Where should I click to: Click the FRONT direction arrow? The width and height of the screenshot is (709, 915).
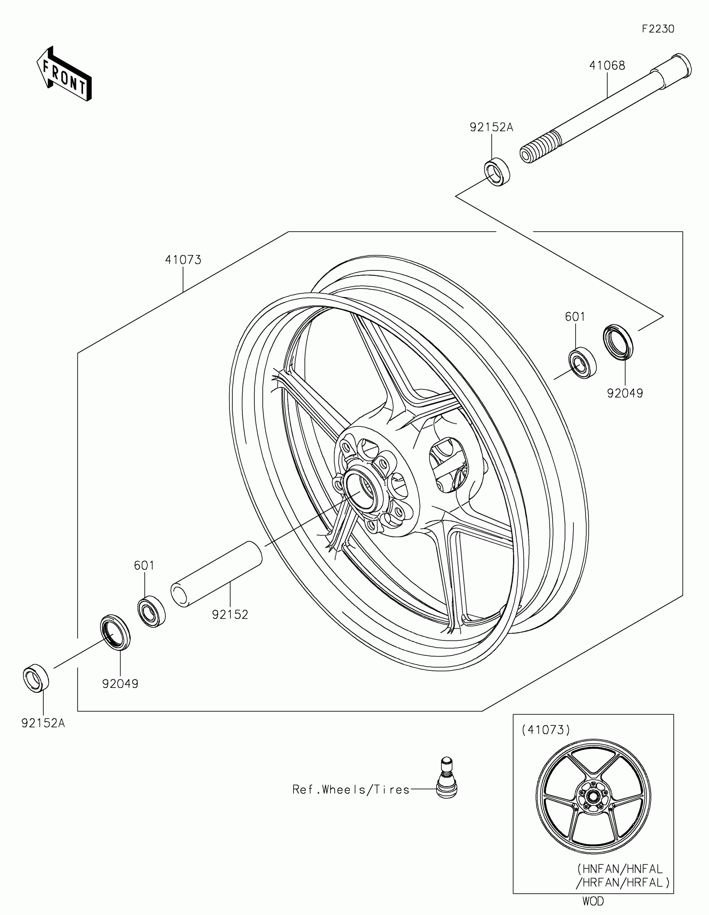[x=65, y=74]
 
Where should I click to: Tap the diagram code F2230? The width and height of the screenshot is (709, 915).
[x=658, y=29]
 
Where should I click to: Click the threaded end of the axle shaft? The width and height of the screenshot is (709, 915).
[x=539, y=147]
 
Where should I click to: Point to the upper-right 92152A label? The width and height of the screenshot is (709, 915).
[x=491, y=127]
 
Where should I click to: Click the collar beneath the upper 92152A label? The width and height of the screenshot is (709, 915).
[x=497, y=171]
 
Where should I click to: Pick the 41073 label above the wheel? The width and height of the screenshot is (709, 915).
[x=183, y=260]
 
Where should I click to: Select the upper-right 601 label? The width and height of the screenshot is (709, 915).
[x=575, y=317]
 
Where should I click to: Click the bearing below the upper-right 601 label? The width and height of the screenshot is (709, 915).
[x=582, y=363]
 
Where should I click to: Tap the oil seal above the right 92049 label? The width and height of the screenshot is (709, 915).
[x=618, y=341]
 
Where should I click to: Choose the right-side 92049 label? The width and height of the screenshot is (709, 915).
[x=625, y=393]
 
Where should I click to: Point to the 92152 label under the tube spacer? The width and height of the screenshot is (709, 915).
[x=230, y=615]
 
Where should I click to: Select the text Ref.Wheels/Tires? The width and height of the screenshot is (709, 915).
[x=350, y=790]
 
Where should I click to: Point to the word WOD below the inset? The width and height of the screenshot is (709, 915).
[x=593, y=901]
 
